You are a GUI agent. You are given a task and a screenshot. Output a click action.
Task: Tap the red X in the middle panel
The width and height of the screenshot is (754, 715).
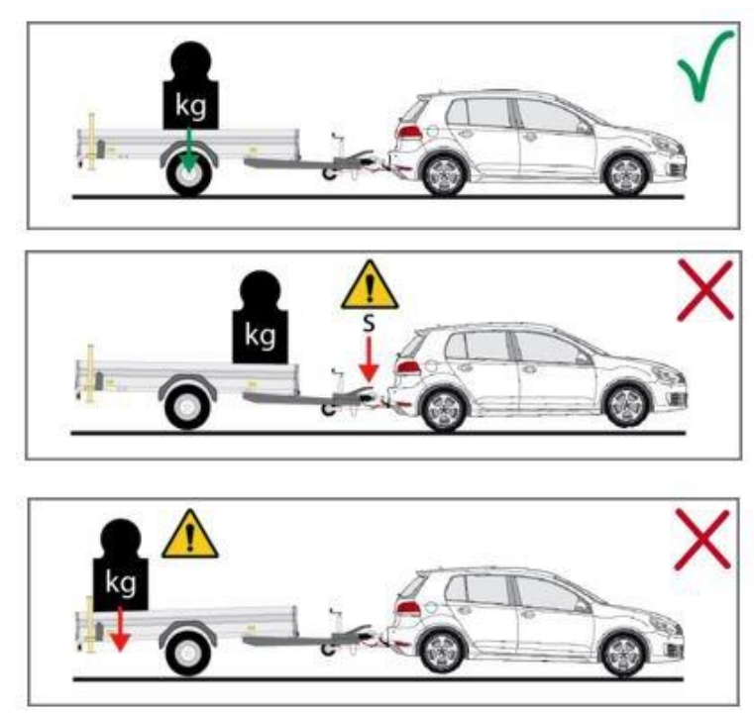pos(705,290)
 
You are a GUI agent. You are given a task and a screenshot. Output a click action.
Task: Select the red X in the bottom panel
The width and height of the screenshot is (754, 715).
pos(702,539)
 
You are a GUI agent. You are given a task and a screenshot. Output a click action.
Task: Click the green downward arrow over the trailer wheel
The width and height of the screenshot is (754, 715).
pos(189,149)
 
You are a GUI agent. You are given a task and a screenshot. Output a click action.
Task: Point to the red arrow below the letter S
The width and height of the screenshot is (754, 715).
pos(369,358)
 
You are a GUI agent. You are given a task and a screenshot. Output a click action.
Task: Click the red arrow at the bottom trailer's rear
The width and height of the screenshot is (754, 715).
pos(120,629)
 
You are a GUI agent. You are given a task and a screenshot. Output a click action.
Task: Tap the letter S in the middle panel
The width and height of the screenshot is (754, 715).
pos(369,324)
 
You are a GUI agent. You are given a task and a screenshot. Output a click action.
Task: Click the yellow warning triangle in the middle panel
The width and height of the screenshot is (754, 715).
pos(370,285)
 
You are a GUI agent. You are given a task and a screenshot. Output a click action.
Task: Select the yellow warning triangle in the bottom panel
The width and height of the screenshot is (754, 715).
pos(190,535)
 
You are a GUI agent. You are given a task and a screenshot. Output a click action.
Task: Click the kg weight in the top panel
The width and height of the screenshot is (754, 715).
pos(191,86)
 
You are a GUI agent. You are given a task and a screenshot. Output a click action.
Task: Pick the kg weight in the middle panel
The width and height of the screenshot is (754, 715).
pos(261,318)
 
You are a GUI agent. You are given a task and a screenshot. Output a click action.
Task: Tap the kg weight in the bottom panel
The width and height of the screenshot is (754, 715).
pos(121,565)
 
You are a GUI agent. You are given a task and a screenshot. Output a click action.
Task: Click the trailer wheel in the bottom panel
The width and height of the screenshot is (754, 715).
pos(189,653)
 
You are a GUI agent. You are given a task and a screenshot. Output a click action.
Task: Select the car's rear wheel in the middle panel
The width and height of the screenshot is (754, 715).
pos(443,409)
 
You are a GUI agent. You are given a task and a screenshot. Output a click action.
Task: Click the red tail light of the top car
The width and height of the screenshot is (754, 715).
pos(409,132)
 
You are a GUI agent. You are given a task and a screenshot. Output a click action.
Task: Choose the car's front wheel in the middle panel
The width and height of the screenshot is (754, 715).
pos(627,406)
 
